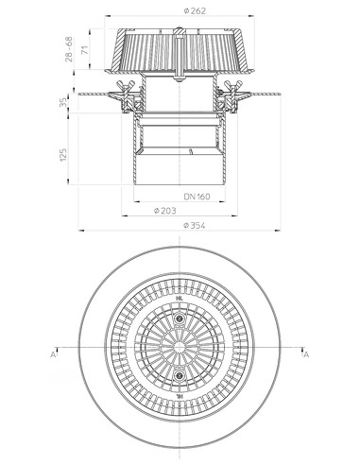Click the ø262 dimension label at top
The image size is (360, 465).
pyautogui.click(x=183, y=10)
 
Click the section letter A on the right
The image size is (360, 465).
pyautogui.click(x=304, y=355)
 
